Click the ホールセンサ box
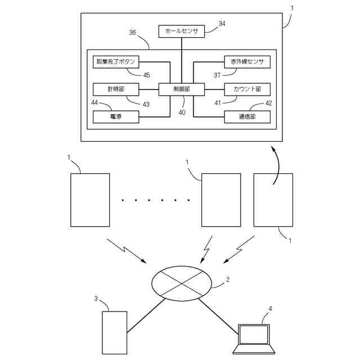181,31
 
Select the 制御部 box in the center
181,89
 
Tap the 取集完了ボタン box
115,61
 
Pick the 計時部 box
115,89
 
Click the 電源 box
115,116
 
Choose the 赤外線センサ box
247,61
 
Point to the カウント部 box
247,89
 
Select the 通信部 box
247,116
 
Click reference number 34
222,24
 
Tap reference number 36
133,33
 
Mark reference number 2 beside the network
227,279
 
